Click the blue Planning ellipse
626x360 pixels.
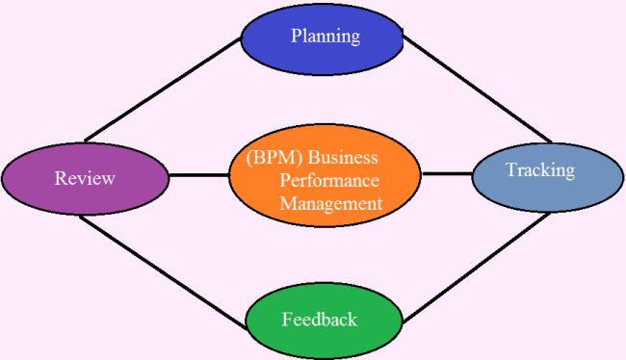point(322,54)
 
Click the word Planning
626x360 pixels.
point(325,37)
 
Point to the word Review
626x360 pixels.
point(85,178)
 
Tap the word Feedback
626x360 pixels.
point(320,319)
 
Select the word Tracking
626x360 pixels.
point(539,170)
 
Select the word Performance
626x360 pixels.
point(328,180)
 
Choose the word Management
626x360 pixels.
point(330,203)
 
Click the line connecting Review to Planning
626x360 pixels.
point(162,90)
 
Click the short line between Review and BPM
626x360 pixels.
point(199,175)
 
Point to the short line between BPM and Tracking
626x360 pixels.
point(446,174)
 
